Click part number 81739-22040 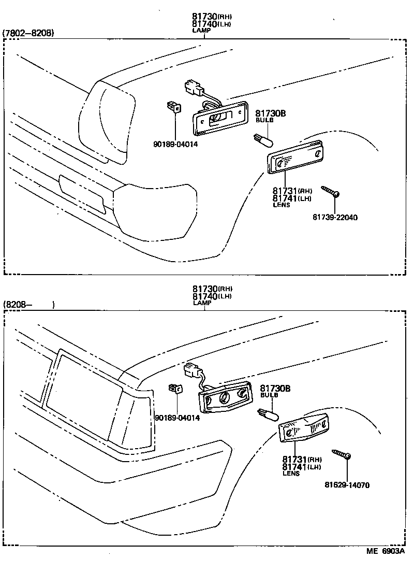pyautogui.click(x=335, y=218)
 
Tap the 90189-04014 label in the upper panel pyautogui.click(x=176, y=144)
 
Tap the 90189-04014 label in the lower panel pyautogui.click(x=177, y=418)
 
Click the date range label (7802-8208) pyautogui.click(x=28, y=33)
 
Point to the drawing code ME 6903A pyautogui.click(x=386, y=551)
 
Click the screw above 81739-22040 pyautogui.click(x=330, y=191)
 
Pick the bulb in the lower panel pyautogui.click(x=269, y=413)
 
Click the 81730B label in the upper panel pyautogui.click(x=271, y=113)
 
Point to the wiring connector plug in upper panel pyautogui.click(x=193, y=89)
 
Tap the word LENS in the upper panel pyautogui.click(x=282, y=205)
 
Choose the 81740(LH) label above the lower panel pyautogui.click(x=212, y=296)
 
